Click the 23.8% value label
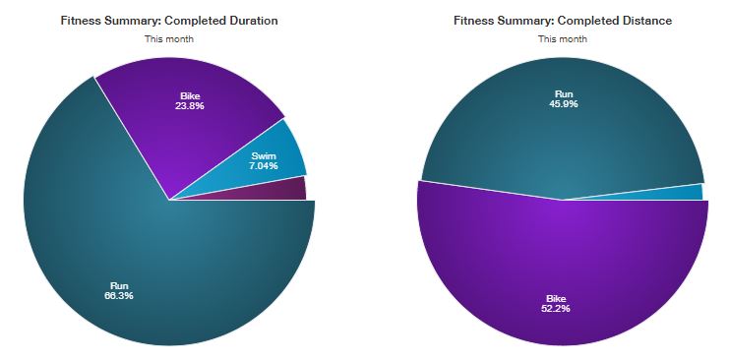[x=190, y=106]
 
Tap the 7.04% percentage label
[x=264, y=165]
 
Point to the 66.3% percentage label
[x=119, y=295]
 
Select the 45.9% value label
[x=564, y=104]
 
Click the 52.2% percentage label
[x=556, y=309]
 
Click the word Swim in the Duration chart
[x=264, y=156]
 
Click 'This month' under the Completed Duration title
[x=169, y=39]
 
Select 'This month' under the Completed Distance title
[x=563, y=39]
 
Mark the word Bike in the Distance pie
[x=556, y=299]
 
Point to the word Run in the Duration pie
[x=119, y=286]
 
